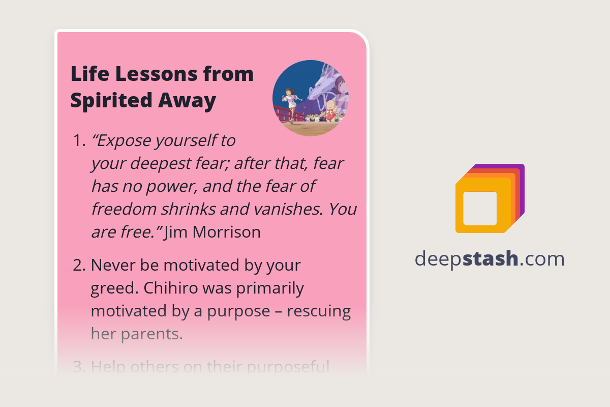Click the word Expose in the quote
[120, 140]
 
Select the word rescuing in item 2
[319, 311]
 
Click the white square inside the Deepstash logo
[480, 208]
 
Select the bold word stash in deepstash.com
[492, 259]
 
